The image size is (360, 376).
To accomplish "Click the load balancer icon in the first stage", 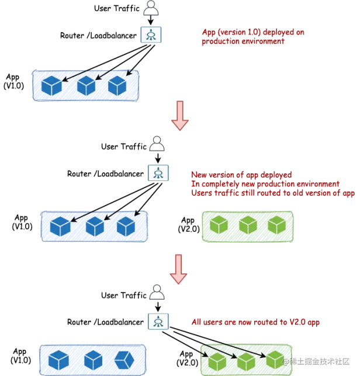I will tap(151, 35).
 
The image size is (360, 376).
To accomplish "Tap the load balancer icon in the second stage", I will tap(157, 172).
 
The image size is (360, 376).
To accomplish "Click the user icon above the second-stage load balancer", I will tap(156, 144).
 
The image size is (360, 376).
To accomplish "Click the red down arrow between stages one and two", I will tap(179, 115).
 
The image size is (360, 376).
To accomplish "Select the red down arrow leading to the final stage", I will tap(178, 269).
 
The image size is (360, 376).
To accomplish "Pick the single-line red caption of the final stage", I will tap(256, 322).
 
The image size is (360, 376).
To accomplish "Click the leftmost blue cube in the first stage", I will tap(51, 86).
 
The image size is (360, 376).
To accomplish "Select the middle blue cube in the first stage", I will tap(86, 86).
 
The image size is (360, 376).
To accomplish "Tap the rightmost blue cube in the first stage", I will tap(117, 86).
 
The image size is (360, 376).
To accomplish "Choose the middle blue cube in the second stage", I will tap(95, 226).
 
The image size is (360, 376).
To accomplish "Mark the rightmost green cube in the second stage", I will tap(276, 225).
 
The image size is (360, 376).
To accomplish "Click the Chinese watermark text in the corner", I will tap(319, 361).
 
